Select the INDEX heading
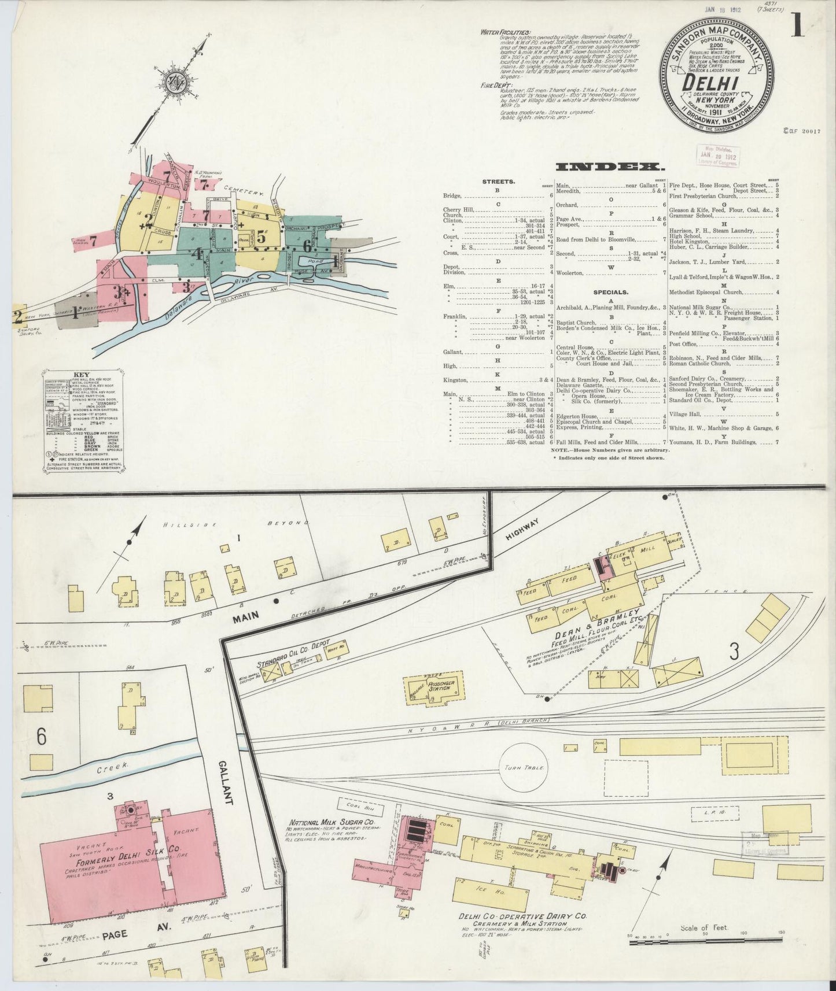pos(609,167)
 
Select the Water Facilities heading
pos(506,32)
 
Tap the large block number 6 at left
pos(41,737)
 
